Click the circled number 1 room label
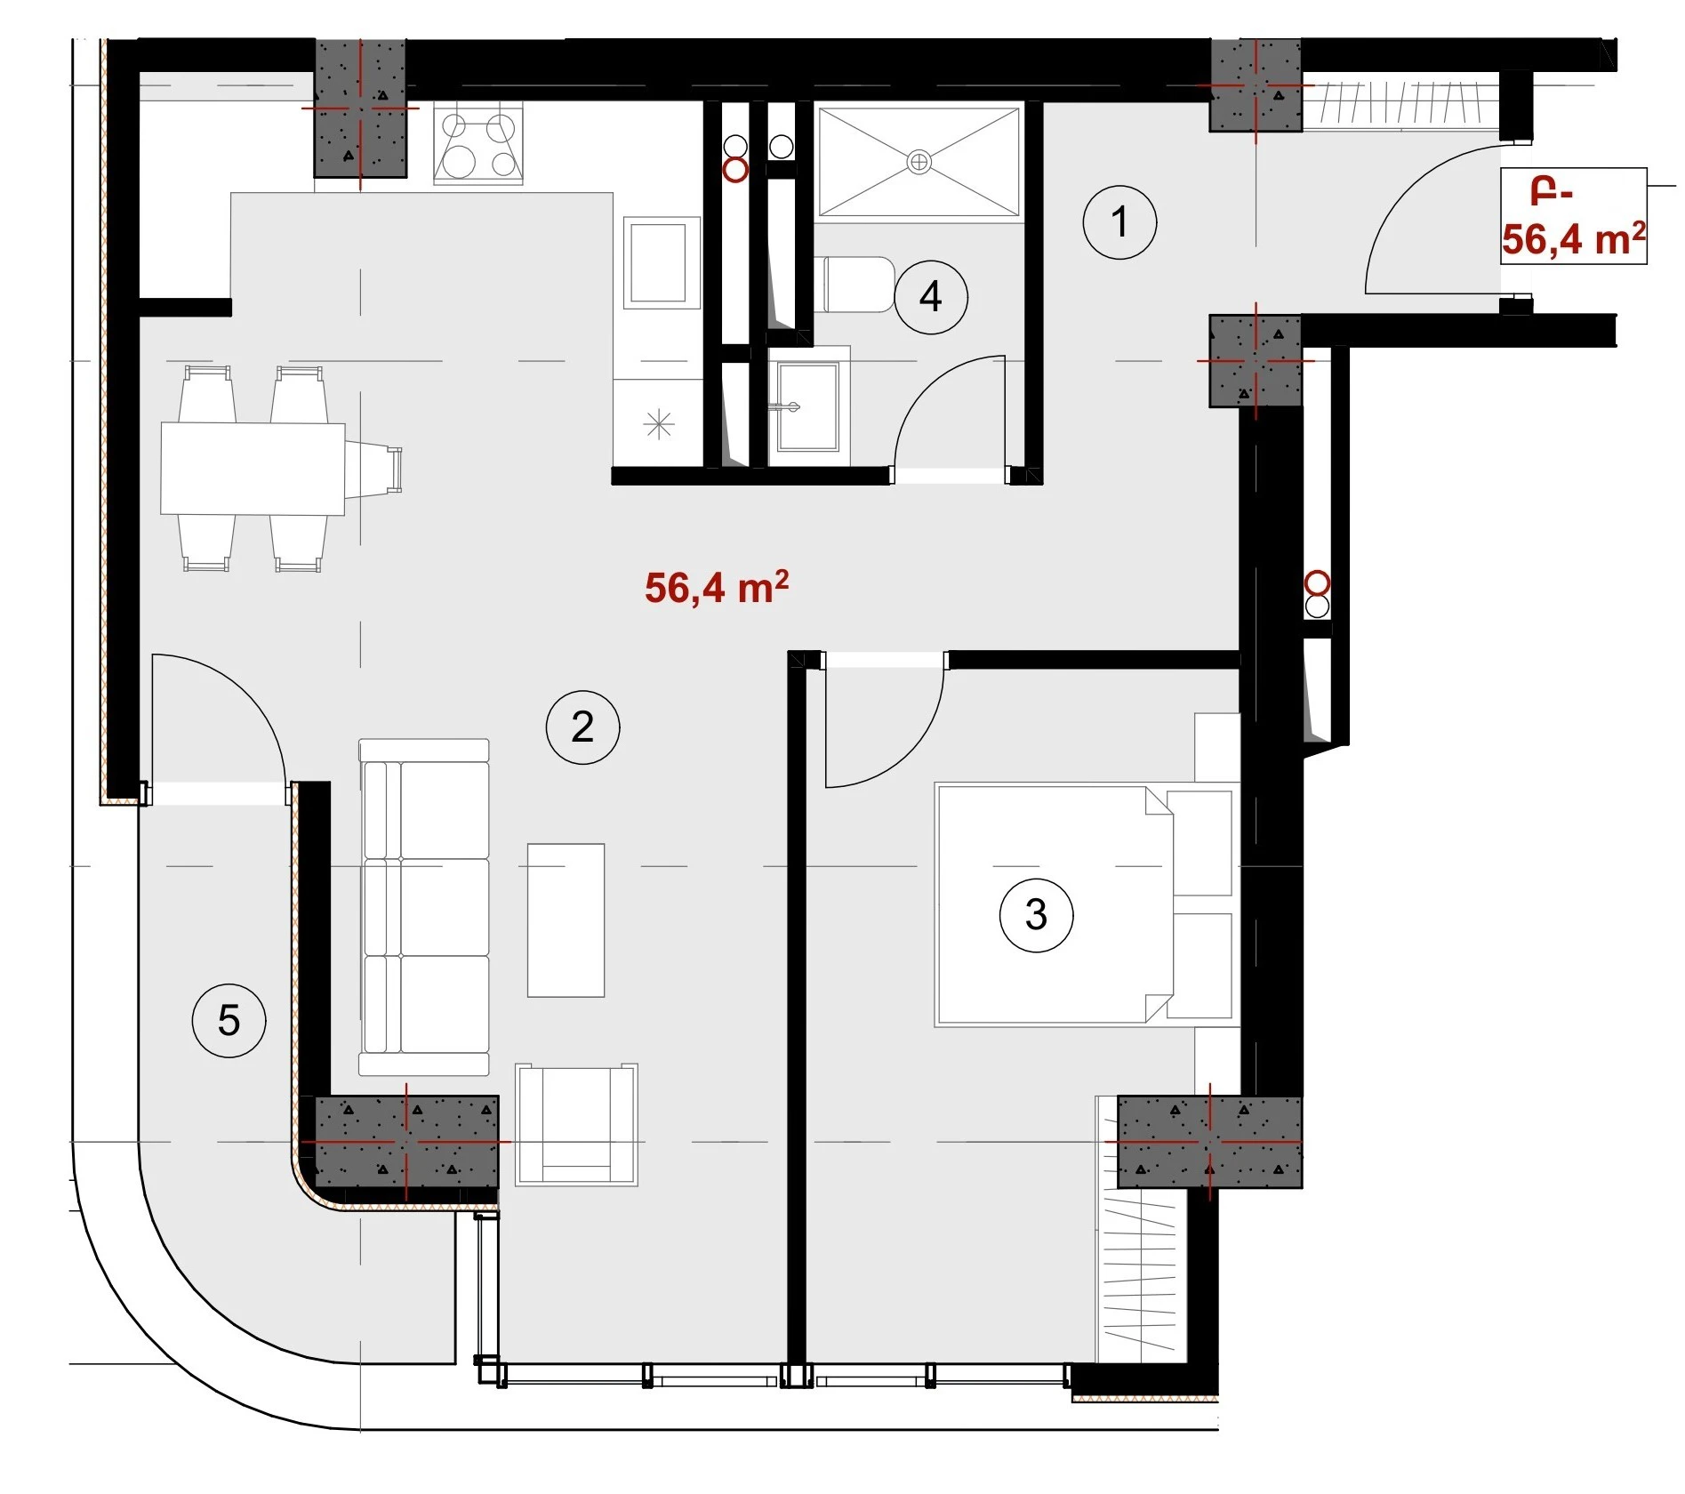click(1119, 222)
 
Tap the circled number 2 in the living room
click(582, 727)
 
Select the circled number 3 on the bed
click(1036, 915)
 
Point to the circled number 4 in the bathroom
click(931, 297)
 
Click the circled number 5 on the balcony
click(229, 1020)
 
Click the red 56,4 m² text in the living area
click(717, 588)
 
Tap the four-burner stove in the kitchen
click(478, 143)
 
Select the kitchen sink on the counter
click(658, 263)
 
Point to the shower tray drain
click(919, 162)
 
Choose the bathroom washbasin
click(808, 406)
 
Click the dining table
click(253, 469)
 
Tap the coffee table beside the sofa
click(566, 920)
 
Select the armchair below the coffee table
click(577, 1124)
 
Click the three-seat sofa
click(424, 907)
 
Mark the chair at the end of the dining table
click(373, 469)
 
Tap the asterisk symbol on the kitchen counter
click(658, 424)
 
